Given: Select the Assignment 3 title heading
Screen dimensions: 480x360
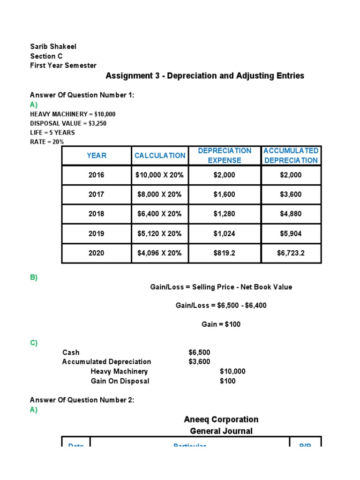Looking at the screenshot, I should click(x=205, y=75).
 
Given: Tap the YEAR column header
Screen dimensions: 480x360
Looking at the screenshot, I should click(x=97, y=156).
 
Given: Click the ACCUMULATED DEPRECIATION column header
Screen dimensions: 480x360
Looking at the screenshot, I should click(x=291, y=156).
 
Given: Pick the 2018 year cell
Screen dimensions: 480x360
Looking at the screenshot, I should click(x=97, y=214).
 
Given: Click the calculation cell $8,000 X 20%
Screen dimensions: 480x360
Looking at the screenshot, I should click(x=159, y=195).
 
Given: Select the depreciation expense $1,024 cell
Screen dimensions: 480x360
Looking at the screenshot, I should click(x=225, y=233).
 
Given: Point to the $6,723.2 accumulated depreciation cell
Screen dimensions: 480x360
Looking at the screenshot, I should click(x=291, y=253).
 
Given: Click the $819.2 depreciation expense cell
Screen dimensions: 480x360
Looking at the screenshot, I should click(x=225, y=253).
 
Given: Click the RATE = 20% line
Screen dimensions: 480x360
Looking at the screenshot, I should click(x=47, y=142).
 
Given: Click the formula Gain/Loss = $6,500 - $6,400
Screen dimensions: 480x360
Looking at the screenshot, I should click(x=221, y=305).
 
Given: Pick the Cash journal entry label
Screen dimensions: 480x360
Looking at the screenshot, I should click(x=71, y=352).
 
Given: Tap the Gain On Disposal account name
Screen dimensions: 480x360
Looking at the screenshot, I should click(x=120, y=381).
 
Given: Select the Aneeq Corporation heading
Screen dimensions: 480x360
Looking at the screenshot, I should click(x=221, y=420).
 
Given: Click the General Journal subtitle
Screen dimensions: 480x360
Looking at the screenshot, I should click(x=221, y=431).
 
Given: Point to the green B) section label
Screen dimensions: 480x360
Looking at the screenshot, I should click(x=34, y=277).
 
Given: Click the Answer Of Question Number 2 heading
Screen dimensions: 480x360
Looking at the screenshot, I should click(x=82, y=400).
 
